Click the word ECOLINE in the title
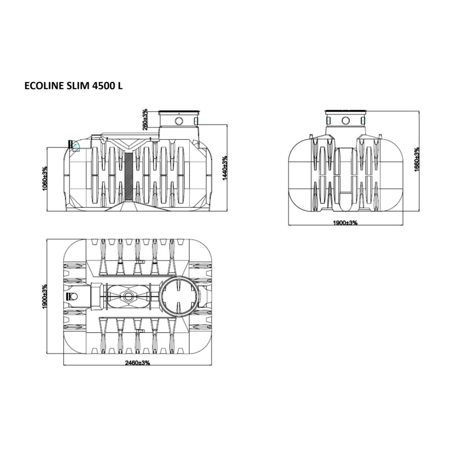pyautogui.click(x=43, y=86)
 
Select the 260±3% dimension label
pyautogui.click(x=145, y=120)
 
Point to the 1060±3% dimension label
pyautogui.click(x=45, y=178)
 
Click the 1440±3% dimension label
pyautogui.click(x=225, y=168)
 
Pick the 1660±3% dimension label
pyautogui.click(x=417, y=159)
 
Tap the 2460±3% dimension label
pyautogui.click(x=138, y=363)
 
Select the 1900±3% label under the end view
pyautogui.click(x=345, y=223)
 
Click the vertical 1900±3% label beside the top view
pyautogui.click(x=44, y=297)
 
